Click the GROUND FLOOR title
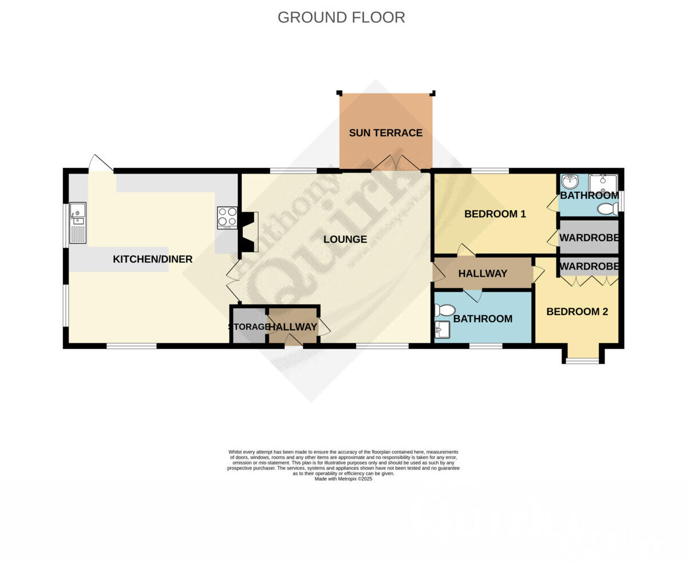click(x=341, y=18)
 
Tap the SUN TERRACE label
click(x=385, y=133)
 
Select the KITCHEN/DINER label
click(x=152, y=260)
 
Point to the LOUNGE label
click(x=345, y=239)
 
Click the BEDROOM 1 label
click(x=495, y=214)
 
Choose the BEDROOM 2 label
click(x=577, y=312)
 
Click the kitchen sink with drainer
click(x=78, y=223)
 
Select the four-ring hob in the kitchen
click(x=227, y=218)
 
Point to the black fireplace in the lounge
click(x=247, y=232)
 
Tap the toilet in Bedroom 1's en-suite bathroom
click(x=607, y=209)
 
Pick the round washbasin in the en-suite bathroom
click(x=570, y=182)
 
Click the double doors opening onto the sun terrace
click(x=396, y=163)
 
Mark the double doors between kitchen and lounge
click(x=233, y=281)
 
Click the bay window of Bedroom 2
click(x=582, y=360)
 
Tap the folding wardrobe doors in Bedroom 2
click(x=589, y=281)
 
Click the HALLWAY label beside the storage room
click(x=293, y=327)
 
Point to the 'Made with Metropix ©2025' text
click(x=343, y=479)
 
